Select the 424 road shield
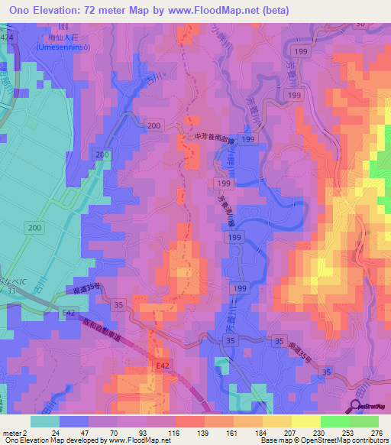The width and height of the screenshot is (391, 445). [x=7, y=37]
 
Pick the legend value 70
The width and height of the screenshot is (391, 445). [x=134, y=433]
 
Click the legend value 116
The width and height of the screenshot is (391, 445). [x=192, y=433]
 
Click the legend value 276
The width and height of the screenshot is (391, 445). [x=380, y=433]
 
